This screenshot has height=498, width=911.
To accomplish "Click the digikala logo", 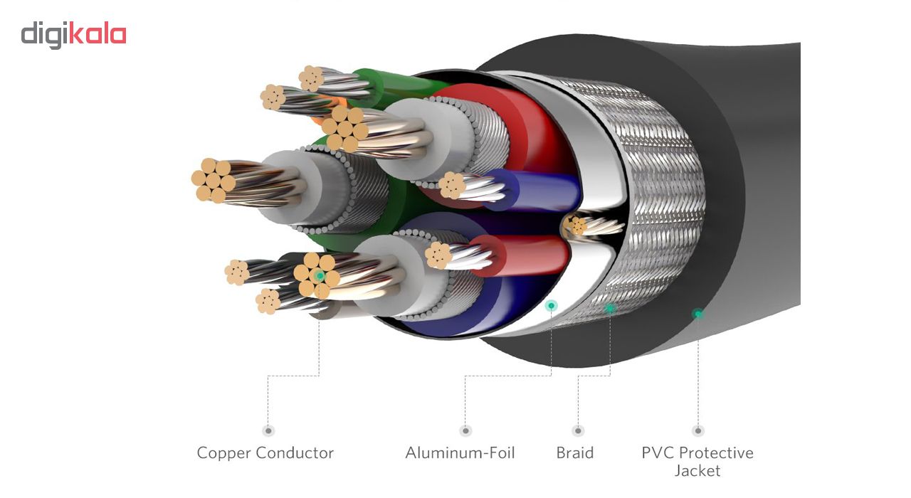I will click(73, 34).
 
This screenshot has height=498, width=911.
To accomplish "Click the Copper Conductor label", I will click(265, 453).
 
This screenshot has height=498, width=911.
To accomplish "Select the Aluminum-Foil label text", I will click(460, 453).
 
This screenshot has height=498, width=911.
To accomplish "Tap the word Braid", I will click(574, 453).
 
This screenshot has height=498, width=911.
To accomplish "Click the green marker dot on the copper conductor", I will click(320, 275).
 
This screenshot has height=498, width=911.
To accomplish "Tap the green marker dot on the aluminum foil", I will click(551, 305).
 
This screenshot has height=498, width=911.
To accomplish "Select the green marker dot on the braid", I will click(609, 308).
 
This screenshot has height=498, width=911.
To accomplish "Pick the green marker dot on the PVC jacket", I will click(697, 313).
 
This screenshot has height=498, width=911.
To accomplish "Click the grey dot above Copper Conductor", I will click(268, 430).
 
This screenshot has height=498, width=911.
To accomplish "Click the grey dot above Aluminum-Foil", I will click(465, 430).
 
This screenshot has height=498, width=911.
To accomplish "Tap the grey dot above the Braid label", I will click(578, 430).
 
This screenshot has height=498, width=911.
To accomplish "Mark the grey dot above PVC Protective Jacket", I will click(697, 430).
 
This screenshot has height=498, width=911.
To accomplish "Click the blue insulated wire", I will click(541, 191).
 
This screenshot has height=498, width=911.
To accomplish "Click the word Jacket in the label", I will click(697, 471).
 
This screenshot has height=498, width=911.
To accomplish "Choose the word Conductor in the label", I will click(297, 453).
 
